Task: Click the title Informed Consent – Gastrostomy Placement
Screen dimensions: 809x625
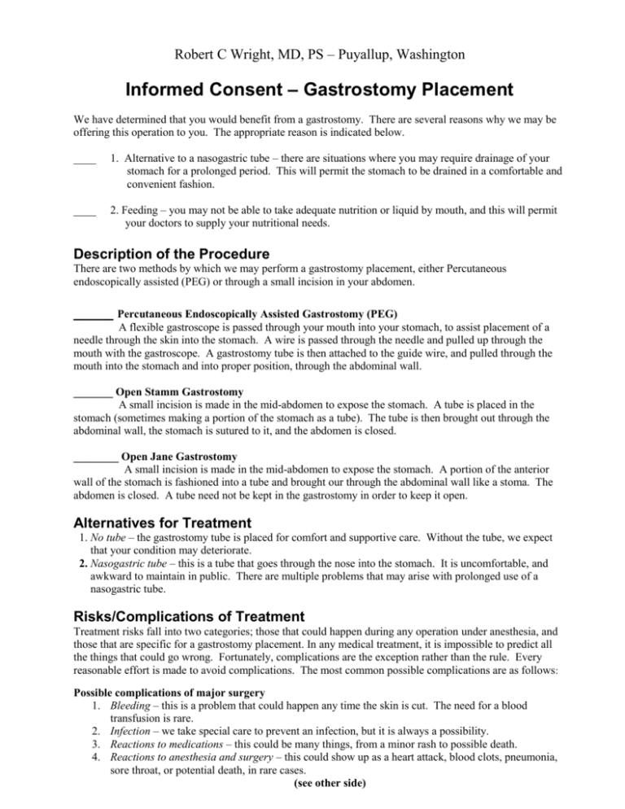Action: [x=312, y=76]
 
